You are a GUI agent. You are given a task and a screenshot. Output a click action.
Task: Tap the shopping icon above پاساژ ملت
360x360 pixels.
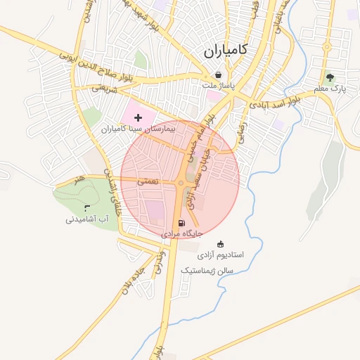click(x=218, y=75)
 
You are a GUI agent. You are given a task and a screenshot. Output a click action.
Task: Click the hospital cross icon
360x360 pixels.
click(x=138, y=117)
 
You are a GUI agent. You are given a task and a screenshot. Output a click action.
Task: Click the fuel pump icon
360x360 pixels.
click(x=182, y=224)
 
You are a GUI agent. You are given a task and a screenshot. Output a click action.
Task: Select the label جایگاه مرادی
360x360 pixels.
click(x=182, y=233)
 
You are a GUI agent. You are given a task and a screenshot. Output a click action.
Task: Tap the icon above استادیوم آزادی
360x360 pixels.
click(x=221, y=243)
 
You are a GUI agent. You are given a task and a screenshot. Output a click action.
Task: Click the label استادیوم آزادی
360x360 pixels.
click(x=220, y=254)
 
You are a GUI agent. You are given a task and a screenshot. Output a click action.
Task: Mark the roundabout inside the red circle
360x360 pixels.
click(x=181, y=184)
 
